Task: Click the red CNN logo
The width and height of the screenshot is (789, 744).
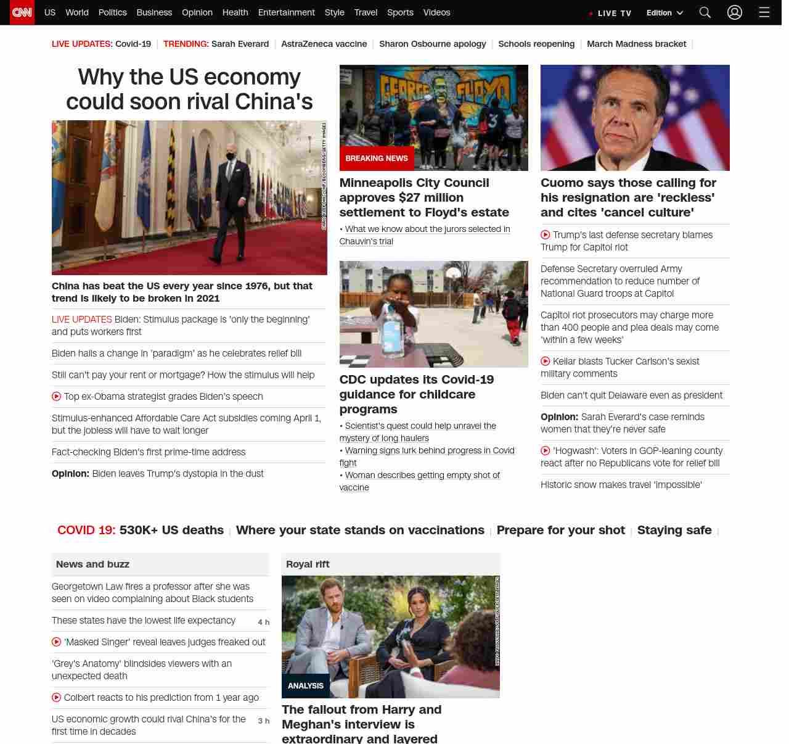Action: (x=22, y=12)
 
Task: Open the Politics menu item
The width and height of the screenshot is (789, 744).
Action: (x=112, y=12)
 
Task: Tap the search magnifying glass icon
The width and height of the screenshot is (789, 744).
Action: (x=705, y=12)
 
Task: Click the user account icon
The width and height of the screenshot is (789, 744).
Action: (x=735, y=12)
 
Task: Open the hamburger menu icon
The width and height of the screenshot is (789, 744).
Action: (x=764, y=12)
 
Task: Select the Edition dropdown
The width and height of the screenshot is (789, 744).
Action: (x=664, y=13)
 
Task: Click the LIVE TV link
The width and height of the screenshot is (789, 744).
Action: (x=611, y=13)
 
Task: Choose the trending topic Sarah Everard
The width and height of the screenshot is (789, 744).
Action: (x=240, y=44)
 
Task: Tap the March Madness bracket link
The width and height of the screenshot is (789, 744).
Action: (x=636, y=44)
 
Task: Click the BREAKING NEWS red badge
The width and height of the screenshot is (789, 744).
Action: (x=377, y=159)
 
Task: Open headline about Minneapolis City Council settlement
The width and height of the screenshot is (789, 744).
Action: (x=424, y=197)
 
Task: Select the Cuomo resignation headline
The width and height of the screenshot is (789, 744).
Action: (x=628, y=197)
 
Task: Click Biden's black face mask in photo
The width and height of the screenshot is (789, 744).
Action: (x=231, y=157)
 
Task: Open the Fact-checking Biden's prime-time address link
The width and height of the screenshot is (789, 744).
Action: (x=149, y=452)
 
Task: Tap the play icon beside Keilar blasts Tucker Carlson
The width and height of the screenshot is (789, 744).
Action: (x=546, y=362)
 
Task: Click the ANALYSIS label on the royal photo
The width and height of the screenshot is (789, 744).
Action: (x=306, y=686)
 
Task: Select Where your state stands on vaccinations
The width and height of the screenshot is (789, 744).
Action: (x=360, y=530)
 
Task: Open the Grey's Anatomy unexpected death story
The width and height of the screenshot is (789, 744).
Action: (x=142, y=670)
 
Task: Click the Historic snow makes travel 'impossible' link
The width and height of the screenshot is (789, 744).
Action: (x=621, y=485)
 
